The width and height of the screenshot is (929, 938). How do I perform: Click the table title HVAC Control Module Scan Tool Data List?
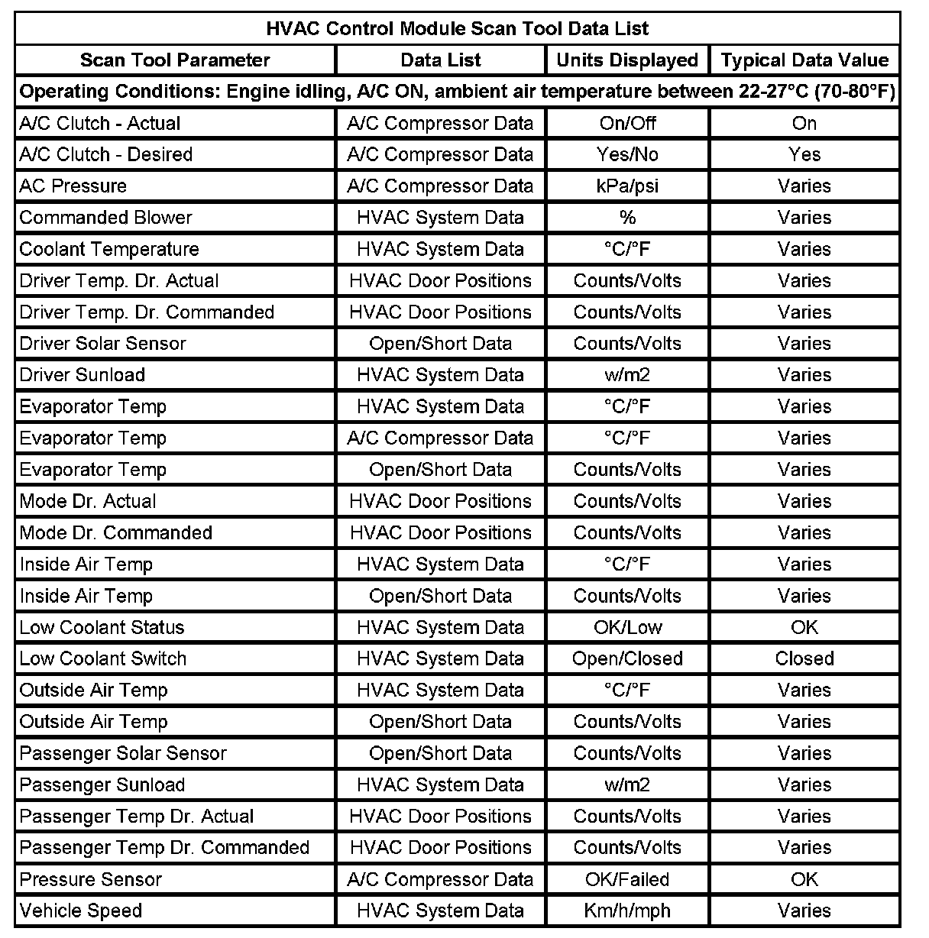pos(457,29)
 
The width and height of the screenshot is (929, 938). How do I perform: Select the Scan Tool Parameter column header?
pos(175,60)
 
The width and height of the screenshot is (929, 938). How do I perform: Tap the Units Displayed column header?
pos(627,60)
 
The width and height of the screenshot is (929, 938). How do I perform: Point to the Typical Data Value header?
pos(804,60)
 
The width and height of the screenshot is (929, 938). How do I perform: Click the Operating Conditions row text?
pos(457,92)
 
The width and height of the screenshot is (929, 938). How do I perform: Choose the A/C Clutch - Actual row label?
pos(100,124)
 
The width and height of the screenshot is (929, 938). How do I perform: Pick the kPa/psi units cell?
pos(627,186)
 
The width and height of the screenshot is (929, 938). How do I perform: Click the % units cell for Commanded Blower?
pos(627,218)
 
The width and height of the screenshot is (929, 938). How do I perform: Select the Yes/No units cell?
pos(627,155)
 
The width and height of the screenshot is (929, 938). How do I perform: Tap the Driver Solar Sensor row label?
pos(102,344)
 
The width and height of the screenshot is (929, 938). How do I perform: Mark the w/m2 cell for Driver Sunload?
pos(627,375)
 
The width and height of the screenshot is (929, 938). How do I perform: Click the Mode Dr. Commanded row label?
pos(116,532)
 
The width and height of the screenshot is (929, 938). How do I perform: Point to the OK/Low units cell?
pos(627,627)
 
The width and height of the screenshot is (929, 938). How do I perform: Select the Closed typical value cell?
pos(804,658)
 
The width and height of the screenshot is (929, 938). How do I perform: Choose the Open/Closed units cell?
pos(627,658)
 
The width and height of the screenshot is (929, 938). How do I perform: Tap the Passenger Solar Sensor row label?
pos(123,753)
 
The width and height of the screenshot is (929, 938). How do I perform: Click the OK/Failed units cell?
pos(627,879)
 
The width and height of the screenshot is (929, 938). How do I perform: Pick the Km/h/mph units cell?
pos(627,911)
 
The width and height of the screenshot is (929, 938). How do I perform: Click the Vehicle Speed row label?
pos(81,911)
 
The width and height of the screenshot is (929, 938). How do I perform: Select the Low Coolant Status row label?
pos(102,627)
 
